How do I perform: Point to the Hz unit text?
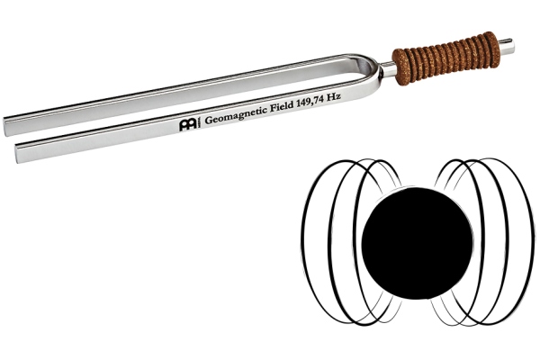[x=333, y=97]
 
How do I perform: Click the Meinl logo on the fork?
[x=188, y=124]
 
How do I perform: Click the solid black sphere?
[x=417, y=243]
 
